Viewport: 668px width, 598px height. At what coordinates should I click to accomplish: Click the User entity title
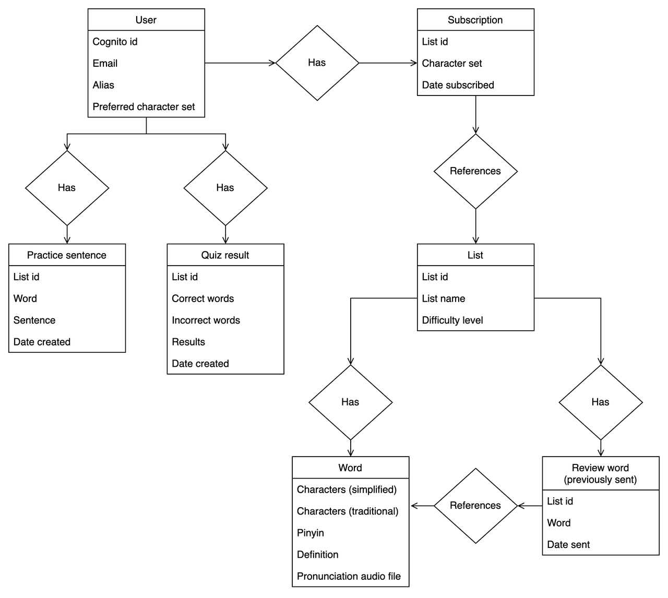(146, 20)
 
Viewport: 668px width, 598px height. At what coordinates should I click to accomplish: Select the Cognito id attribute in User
(115, 42)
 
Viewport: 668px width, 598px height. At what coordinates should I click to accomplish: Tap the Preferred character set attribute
(144, 107)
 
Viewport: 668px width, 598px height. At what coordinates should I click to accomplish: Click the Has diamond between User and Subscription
(317, 63)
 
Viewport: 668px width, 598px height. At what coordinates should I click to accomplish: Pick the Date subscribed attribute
(458, 85)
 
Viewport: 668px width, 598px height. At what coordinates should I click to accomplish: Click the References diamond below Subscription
(475, 171)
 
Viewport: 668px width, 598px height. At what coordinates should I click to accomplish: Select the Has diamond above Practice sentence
(67, 188)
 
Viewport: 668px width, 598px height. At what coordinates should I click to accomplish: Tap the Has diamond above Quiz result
(225, 188)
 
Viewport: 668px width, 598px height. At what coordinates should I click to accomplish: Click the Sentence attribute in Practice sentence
(34, 320)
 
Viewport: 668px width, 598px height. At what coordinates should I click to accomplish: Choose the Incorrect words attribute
(206, 320)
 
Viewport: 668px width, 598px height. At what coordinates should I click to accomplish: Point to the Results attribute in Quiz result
(188, 342)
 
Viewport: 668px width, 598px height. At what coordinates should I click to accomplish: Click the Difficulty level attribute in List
(452, 320)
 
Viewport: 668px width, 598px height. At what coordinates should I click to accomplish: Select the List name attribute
(444, 298)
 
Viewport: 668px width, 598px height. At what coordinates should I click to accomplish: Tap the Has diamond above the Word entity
(350, 402)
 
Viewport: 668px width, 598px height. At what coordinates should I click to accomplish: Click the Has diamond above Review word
(601, 402)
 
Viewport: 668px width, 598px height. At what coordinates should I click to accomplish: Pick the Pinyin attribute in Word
(311, 533)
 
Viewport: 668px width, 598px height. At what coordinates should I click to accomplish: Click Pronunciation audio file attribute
(349, 577)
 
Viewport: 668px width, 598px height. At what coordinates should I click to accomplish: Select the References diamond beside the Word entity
(475, 506)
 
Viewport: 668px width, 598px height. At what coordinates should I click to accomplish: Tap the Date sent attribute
(568, 545)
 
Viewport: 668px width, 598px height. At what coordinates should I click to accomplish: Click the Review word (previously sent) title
(601, 473)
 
